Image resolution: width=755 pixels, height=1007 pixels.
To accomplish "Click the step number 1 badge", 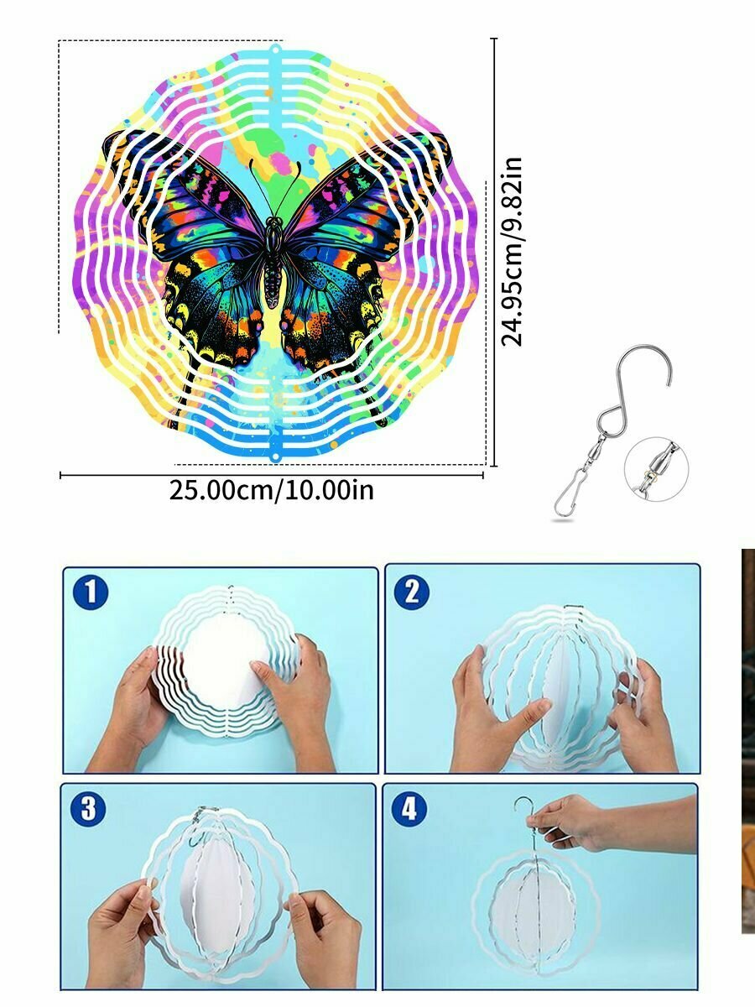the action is coord(91,592).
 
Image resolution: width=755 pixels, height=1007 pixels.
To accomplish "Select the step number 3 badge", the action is coord(88,808).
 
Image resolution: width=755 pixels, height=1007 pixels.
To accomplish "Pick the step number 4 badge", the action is coord(409,808).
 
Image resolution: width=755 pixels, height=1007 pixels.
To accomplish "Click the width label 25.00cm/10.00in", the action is coord(271,490).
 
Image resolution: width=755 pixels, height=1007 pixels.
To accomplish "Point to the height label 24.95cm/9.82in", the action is coord(512,252).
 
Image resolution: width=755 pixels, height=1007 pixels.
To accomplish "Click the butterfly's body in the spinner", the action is coord(273,262).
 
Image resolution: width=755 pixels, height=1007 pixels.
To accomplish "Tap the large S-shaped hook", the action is coord(635,385).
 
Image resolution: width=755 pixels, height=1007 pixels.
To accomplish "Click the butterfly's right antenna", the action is coord(289,188).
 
